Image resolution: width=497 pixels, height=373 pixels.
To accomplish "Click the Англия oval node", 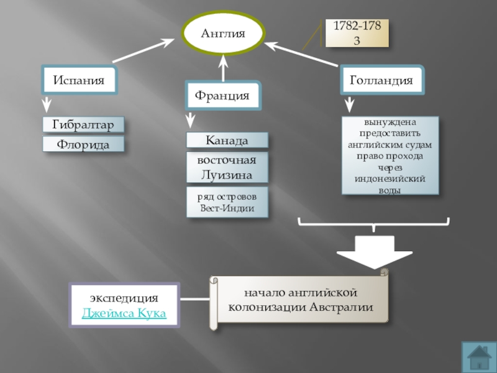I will coord(223,35).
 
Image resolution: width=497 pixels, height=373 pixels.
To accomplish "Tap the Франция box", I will coord(222,96).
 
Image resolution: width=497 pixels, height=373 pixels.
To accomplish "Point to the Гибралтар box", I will coord(83,125).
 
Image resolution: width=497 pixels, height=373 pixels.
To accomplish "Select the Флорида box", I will coord(83,145).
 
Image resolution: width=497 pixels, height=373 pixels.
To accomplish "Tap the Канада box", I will coord(227,140).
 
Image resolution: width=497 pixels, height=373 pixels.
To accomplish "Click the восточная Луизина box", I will coord(227,167).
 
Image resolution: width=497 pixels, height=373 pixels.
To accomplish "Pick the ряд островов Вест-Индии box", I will coord(227,202).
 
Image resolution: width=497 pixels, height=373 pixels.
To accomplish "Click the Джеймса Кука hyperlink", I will coord(124,313).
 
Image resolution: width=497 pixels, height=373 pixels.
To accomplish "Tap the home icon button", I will coord(478,356).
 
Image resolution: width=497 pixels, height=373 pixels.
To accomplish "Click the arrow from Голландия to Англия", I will coord(303,54).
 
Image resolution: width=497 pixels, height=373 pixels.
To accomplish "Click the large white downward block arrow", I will coord(373,251).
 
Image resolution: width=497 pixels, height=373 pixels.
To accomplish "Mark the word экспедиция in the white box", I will coord(124,297).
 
